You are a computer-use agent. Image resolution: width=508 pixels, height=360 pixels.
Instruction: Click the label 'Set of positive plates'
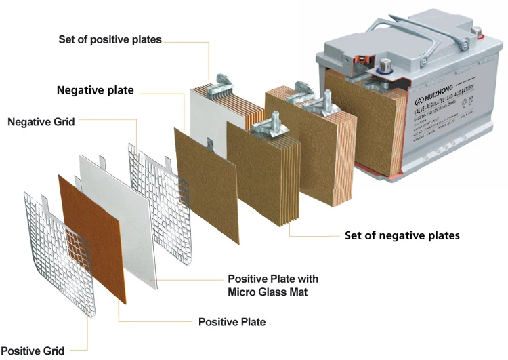tap(110, 39)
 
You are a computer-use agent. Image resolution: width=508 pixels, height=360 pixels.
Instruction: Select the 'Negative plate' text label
tap(95, 90)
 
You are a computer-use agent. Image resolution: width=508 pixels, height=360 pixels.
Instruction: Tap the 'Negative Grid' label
tap(41, 122)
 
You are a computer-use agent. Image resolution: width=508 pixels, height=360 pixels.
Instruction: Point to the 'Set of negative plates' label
tap(402, 235)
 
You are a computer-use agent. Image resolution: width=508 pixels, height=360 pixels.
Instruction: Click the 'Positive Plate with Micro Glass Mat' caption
tap(273, 285)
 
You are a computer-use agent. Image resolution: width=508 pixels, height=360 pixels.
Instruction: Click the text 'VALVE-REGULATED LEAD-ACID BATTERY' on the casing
tap(448, 105)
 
